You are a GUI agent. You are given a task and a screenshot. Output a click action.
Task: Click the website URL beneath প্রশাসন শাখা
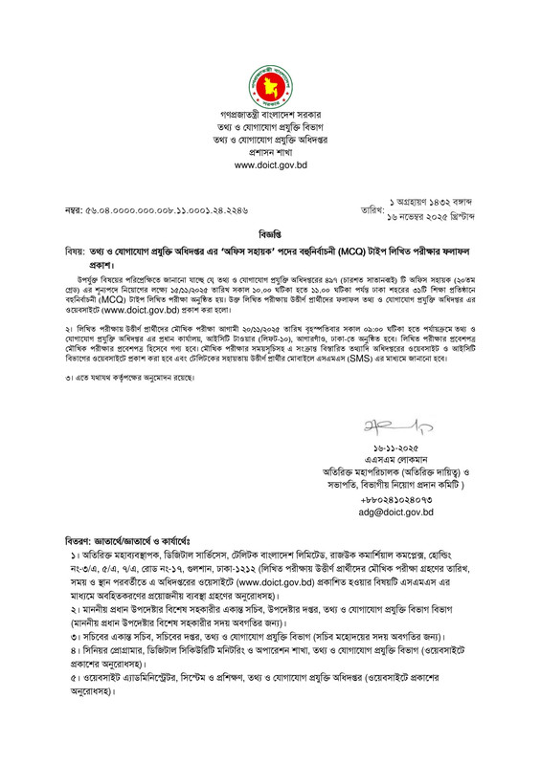coord(270,165)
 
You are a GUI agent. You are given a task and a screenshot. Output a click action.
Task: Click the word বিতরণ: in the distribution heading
coord(77,540)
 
